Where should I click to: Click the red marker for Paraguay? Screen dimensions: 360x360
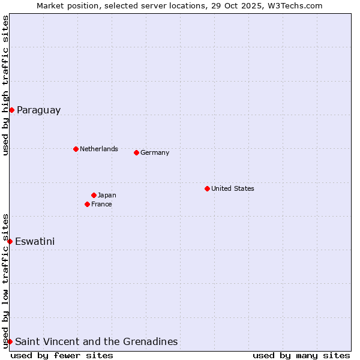[x=11, y=110]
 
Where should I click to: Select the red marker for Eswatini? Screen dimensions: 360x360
[x=10, y=241]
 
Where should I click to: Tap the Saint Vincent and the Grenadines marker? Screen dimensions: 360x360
[x=10, y=341]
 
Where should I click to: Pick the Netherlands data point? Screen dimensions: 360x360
[x=76, y=149]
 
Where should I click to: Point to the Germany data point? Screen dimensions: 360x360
[x=136, y=152]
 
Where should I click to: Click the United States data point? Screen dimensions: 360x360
[x=207, y=188]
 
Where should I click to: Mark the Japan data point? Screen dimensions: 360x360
[x=94, y=195]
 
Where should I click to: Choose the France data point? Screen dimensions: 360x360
[x=87, y=204]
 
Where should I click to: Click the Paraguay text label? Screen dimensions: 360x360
[x=38, y=110]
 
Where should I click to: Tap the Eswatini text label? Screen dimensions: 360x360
[x=35, y=242]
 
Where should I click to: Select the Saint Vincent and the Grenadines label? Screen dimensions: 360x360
[x=96, y=342]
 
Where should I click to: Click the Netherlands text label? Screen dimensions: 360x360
[x=99, y=149]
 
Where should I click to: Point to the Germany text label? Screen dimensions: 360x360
[x=155, y=152]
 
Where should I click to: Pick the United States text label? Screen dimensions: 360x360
[x=233, y=188]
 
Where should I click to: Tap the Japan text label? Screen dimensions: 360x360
[x=107, y=195]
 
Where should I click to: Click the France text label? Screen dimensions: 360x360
[x=101, y=204]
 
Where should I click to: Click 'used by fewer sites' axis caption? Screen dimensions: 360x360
[x=62, y=355]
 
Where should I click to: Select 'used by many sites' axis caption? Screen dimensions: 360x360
[x=301, y=355]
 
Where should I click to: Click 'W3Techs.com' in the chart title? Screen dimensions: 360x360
[x=294, y=6]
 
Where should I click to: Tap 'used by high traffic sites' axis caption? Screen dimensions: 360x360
[x=6, y=85]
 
